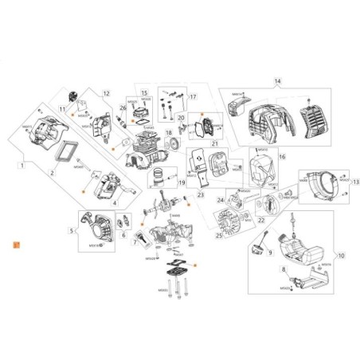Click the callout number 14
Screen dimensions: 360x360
(x=278, y=81)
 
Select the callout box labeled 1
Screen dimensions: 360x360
(x=21, y=166)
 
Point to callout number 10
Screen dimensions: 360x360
(x=342, y=256)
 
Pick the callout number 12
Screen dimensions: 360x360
(x=104, y=94)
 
